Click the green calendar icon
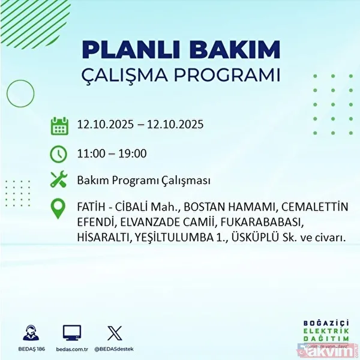[x=59, y=126]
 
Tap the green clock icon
[x=59, y=154]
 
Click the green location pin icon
[x=59, y=208]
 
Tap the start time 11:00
[x=91, y=154]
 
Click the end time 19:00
[x=133, y=154]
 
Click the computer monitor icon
[x=71, y=332]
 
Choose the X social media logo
[x=113, y=332]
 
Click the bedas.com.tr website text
[x=71, y=347]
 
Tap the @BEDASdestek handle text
[x=113, y=347]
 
